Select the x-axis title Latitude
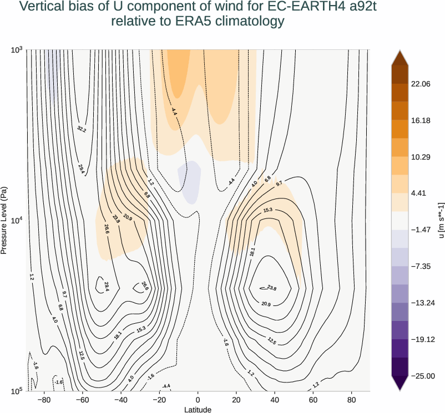click(198, 409)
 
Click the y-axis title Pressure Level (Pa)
click(4, 220)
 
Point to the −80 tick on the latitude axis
click(43, 399)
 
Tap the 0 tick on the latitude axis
click(198, 399)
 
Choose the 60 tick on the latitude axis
click(313, 399)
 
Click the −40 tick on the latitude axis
click(120, 399)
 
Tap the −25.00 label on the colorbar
click(422, 376)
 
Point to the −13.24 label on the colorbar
click(422, 303)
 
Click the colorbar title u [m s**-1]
click(441, 220)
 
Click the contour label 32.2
click(82, 129)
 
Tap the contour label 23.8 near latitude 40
click(271, 288)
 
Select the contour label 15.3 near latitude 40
click(268, 210)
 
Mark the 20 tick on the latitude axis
click(236, 399)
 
